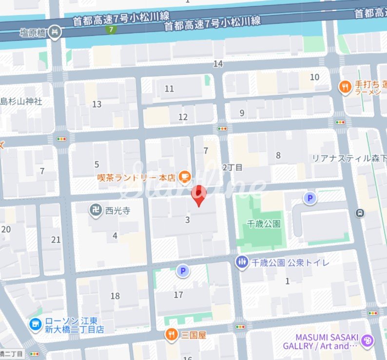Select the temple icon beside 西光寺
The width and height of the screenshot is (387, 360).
coord(95,210)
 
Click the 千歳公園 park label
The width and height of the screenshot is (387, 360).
coord(264,224)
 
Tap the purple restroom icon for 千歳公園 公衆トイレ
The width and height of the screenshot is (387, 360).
coord(242,263)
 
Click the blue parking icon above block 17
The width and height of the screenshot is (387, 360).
coord(183,271)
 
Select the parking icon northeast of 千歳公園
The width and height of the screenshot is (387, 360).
coord(310,198)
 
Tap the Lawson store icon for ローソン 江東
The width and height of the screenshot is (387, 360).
coord(35,324)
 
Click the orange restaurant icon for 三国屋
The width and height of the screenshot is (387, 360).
coord(172,335)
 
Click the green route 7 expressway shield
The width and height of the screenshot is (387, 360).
coord(113,30)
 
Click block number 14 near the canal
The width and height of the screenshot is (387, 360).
coord(218,64)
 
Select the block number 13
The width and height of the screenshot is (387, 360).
coord(97,104)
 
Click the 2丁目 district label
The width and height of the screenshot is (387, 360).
coord(232,167)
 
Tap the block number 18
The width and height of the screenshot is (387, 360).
coord(115,296)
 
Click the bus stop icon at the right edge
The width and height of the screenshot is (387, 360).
coord(360,212)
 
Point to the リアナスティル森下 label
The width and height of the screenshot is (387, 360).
coord(349,158)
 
